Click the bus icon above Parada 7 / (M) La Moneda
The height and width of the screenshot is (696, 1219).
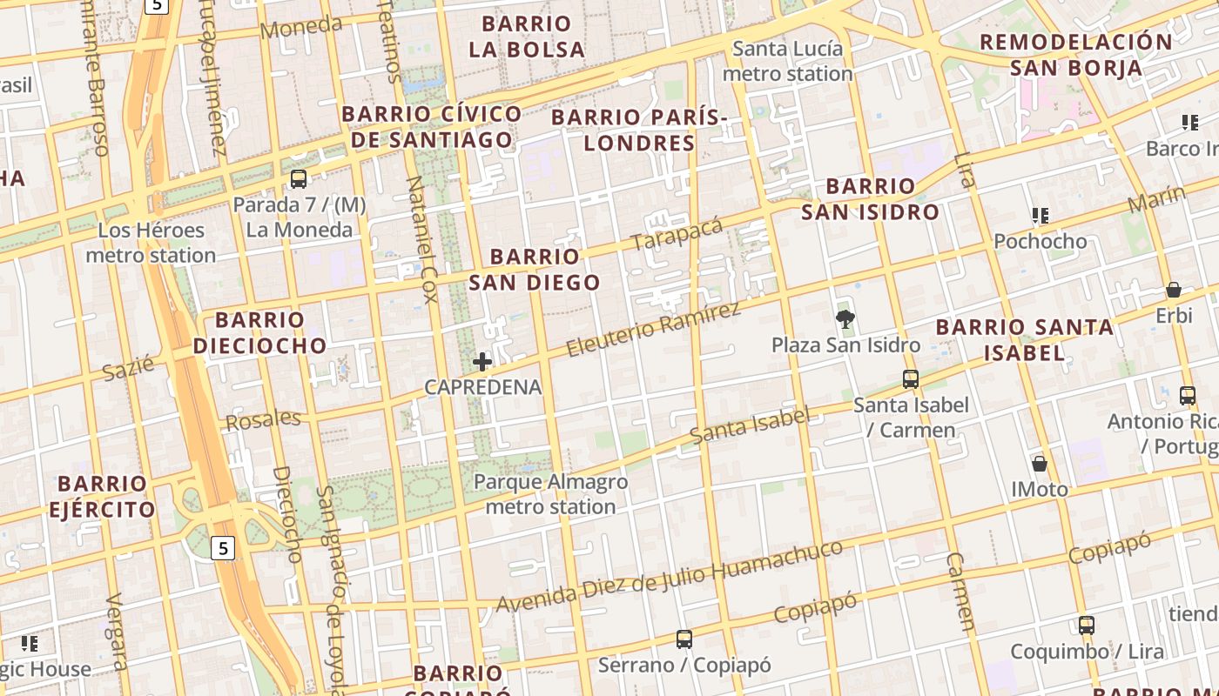coord(299,179)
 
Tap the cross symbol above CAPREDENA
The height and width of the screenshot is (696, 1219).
coord(482,361)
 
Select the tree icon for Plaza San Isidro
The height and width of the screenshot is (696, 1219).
coord(845,319)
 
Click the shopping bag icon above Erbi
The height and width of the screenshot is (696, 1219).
coord(1174,290)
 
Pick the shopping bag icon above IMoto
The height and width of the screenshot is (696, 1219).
coord(1040,463)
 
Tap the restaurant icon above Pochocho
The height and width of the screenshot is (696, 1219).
coord(1040,215)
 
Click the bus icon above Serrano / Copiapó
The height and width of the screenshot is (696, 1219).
coord(684,639)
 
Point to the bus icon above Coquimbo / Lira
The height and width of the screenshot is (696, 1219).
coord(1087,625)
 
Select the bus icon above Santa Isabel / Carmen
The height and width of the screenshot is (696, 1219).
coord(911,379)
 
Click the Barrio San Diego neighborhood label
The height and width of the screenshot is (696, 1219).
coord(535,269)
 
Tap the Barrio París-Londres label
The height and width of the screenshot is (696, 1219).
coord(639,130)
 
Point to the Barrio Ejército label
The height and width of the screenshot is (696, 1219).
coord(102,496)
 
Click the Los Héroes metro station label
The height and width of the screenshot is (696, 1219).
coord(151,243)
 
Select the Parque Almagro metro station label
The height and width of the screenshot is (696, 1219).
coord(550,493)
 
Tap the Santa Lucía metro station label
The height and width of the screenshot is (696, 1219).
coord(788,61)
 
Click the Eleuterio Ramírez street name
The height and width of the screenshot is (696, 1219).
coord(653,329)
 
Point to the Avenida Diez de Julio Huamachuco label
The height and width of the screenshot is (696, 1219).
coord(670,576)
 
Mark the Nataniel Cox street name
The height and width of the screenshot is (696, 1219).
coord(421,239)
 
